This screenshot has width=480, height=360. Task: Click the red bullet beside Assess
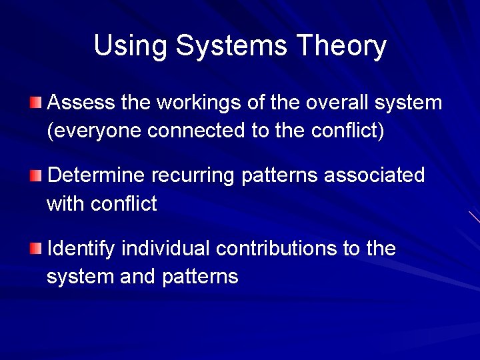tap(35, 102)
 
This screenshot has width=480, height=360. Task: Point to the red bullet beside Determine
tap(35, 175)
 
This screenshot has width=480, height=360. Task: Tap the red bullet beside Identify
tap(35, 249)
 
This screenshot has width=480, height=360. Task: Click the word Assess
tap(81, 103)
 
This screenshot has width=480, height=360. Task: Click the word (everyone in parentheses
tap(94, 131)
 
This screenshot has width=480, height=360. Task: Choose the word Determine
tap(97, 175)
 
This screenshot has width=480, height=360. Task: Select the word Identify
tap(81, 249)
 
